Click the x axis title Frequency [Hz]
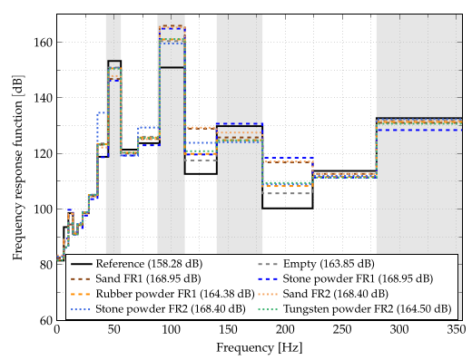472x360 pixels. click(259, 347)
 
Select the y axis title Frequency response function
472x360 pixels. click(17, 168)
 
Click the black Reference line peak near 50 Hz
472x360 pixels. click(114, 61)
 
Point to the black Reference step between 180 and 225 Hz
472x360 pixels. click(287, 208)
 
